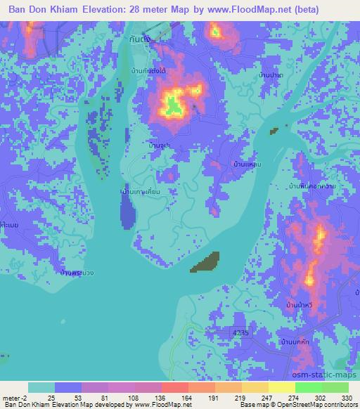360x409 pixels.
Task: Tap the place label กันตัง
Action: pos(140,40)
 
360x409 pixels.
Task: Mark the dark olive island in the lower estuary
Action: pos(205,261)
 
